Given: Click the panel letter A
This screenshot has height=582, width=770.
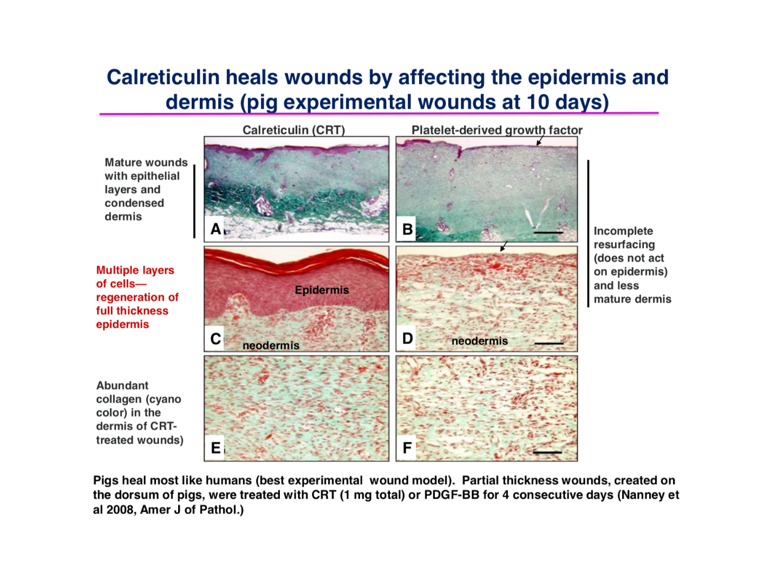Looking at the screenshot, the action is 216,229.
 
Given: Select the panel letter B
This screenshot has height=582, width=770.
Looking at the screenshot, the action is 407,230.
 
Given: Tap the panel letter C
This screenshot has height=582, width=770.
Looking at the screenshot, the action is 216,339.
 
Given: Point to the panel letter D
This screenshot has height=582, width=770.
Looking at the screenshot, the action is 407,338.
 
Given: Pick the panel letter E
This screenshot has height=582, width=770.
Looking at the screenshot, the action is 216,448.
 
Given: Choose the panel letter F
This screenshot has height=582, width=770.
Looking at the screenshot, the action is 407,448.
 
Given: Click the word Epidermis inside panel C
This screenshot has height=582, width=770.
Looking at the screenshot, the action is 322,290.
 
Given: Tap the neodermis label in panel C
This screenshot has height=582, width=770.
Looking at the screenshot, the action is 271,345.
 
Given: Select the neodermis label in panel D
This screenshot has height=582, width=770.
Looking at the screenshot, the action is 480,341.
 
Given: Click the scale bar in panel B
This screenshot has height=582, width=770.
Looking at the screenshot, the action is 548,232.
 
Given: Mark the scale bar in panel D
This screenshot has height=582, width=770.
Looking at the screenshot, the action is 549,343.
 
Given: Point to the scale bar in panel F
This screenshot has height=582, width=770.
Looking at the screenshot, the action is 547,452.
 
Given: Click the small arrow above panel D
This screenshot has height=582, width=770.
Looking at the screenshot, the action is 504,246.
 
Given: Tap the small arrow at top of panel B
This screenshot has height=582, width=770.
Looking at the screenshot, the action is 540,140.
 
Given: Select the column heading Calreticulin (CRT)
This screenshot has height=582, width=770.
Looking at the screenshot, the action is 293,130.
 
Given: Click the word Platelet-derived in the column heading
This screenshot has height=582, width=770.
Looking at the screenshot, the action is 457,130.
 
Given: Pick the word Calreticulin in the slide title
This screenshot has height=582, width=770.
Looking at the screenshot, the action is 163,77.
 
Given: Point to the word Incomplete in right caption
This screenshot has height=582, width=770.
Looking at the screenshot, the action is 623,231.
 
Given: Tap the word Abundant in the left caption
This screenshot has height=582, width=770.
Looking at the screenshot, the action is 122,385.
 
